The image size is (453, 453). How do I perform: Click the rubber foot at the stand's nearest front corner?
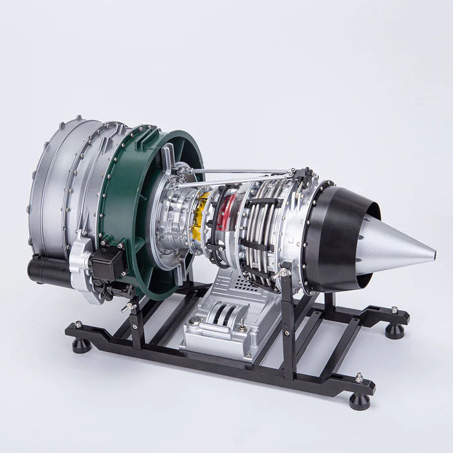pos(359,400)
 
